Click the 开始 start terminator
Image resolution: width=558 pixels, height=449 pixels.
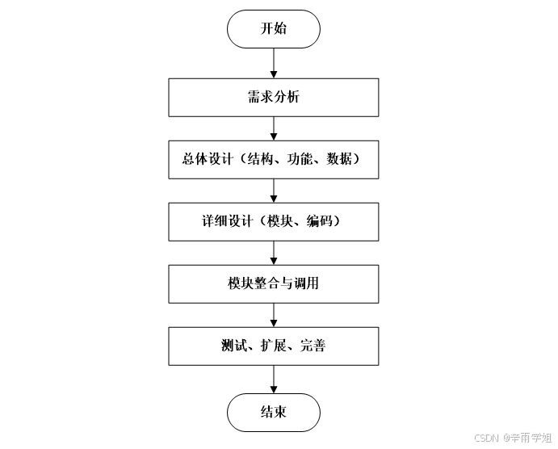[274, 29]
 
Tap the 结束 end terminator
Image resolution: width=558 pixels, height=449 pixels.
[274, 413]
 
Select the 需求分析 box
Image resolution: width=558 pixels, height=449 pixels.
[274, 98]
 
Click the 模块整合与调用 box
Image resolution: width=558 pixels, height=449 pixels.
[274, 283]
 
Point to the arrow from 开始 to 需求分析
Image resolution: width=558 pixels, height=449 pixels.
[274, 63]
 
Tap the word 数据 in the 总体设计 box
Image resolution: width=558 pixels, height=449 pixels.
[338, 160]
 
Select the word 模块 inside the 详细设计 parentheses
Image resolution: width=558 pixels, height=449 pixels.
[279, 222]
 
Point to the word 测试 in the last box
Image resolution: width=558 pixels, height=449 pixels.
[233, 346]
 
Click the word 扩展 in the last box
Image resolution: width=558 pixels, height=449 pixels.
[272, 346]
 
